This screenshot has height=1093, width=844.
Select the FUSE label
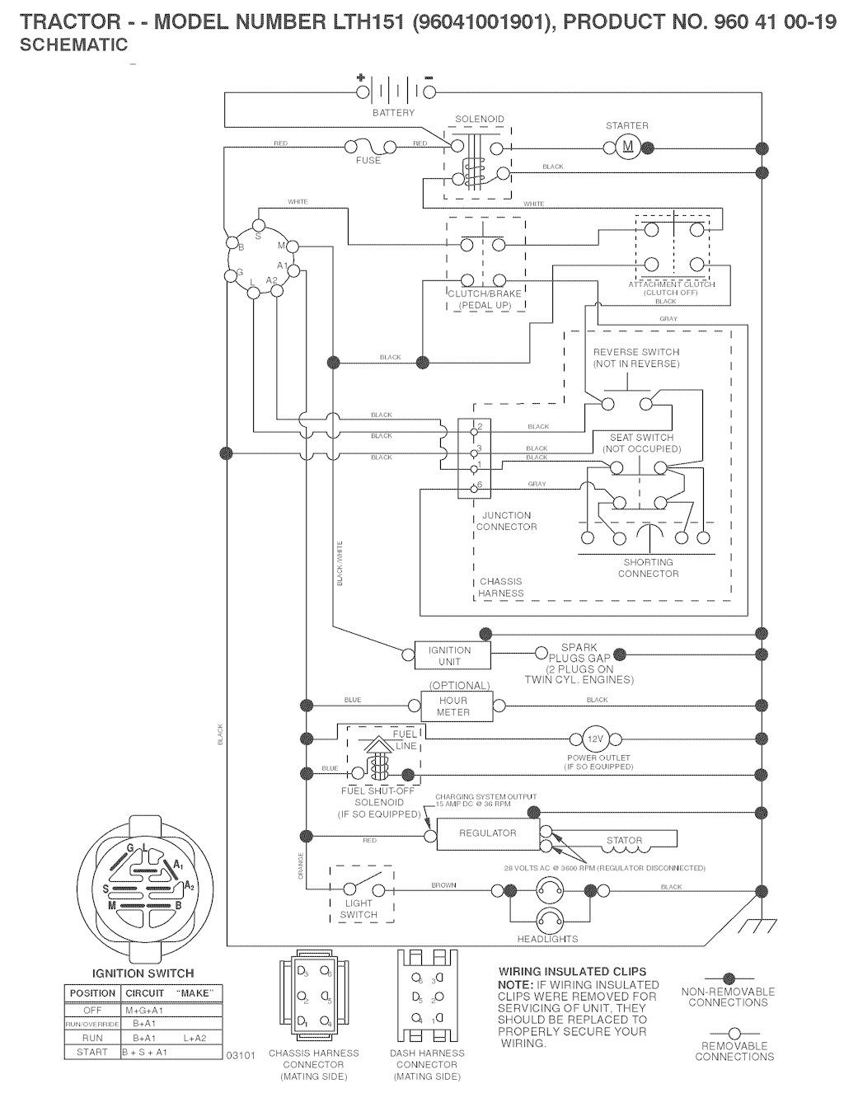point(368,161)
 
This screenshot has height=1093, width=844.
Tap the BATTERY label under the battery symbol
point(393,113)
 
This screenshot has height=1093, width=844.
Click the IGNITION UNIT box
point(450,656)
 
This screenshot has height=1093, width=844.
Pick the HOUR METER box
point(453,706)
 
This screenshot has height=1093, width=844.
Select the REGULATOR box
point(487,833)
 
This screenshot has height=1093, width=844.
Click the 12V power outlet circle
point(595,739)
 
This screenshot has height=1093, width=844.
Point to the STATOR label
point(624,841)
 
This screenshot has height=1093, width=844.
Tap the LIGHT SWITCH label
point(359,909)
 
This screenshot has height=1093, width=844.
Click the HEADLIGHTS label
point(547,939)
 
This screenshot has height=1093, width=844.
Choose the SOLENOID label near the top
point(480,120)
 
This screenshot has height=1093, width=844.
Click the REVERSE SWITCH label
point(636,358)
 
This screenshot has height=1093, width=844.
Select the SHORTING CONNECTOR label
point(648,568)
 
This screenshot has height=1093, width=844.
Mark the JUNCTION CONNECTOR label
point(507,521)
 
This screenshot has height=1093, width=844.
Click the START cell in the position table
point(92,1053)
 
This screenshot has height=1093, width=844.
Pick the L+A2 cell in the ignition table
point(195,1038)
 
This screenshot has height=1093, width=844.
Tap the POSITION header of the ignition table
point(92,993)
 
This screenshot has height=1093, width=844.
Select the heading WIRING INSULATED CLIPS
point(572,972)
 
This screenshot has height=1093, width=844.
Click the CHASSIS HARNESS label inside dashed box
point(500,587)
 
